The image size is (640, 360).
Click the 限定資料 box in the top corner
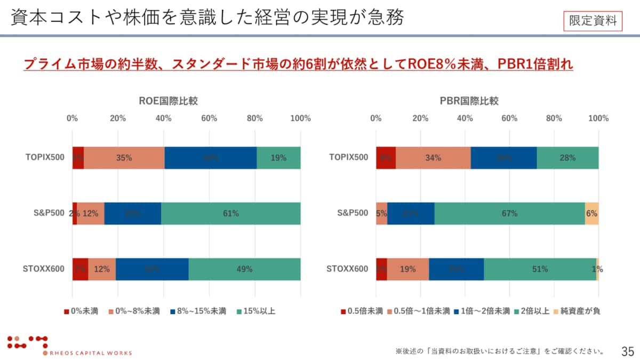(x=593, y=21)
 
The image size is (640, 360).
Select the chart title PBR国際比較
(x=469, y=101)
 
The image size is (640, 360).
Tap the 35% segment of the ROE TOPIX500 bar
(x=124, y=158)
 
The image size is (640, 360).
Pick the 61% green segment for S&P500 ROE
(x=230, y=213)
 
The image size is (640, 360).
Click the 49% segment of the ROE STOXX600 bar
(x=244, y=269)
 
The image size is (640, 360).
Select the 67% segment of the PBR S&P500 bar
(x=509, y=213)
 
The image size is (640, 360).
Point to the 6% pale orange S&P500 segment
(x=591, y=213)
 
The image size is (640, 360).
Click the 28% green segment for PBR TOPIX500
(x=567, y=158)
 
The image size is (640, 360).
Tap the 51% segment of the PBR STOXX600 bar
(x=540, y=269)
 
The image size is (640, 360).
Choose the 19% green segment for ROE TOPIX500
(x=278, y=158)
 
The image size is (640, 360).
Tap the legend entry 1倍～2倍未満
(x=482, y=311)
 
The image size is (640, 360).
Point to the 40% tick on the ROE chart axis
(x=163, y=118)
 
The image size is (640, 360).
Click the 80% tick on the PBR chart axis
(x=554, y=118)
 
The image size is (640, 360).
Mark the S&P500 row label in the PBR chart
(x=353, y=213)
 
